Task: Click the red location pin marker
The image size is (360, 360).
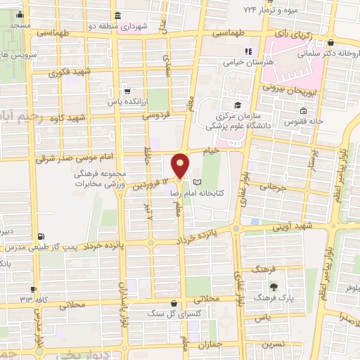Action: (181, 164)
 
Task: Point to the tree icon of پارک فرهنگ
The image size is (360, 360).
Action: (274, 286)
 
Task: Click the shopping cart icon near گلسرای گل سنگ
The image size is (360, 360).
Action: (163, 304)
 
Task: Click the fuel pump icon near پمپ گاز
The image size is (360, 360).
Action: (44, 236)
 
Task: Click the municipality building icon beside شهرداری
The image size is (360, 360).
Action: (117, 16)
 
